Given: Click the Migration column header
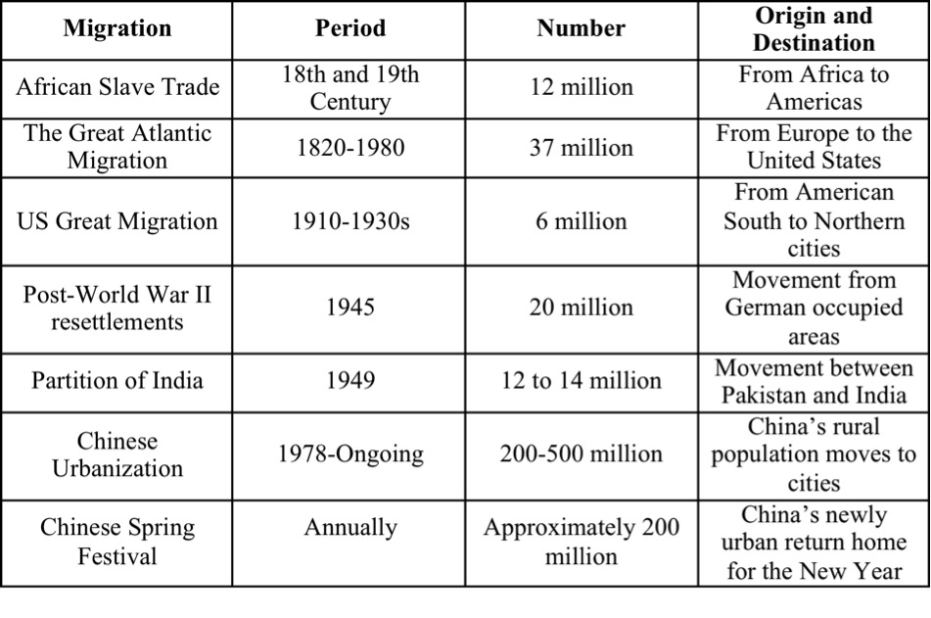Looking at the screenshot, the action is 117,28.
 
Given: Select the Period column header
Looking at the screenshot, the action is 350,28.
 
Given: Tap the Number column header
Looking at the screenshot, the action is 582,28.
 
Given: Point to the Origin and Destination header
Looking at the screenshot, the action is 815,29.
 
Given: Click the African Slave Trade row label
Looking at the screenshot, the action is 117,87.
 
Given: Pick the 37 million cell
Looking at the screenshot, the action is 582,147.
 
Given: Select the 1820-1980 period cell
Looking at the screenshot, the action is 350,147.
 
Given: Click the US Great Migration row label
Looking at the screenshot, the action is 117,221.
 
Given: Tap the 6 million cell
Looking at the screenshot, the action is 582,221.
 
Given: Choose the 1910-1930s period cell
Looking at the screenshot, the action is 350,221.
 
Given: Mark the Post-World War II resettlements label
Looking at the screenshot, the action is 117,308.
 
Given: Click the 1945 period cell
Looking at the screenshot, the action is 350,308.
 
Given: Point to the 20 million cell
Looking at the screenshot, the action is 582,308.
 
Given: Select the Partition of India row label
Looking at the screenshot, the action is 117,380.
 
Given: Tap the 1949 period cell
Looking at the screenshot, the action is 350,380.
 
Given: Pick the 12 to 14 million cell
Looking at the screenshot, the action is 582,380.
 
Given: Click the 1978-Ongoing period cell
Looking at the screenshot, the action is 350,454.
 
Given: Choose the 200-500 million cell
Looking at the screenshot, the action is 582,454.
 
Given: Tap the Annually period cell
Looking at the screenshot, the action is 350,528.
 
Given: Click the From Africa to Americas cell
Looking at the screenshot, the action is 815,88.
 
